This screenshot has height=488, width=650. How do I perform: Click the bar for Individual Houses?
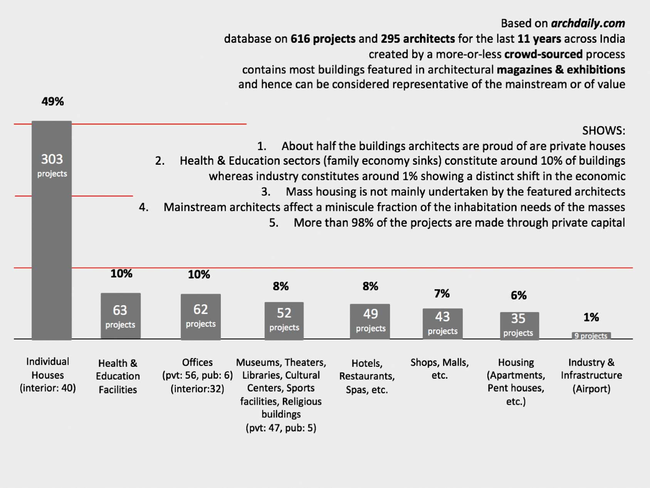[52, 230]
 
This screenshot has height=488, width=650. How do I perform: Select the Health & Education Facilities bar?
[121, 316]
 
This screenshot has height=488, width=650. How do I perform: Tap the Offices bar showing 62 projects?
[201, 317]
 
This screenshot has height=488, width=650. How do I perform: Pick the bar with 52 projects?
[284, 321]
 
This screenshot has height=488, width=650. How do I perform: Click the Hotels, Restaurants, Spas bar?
[370, 322]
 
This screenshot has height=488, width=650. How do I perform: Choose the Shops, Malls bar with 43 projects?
[442, 324]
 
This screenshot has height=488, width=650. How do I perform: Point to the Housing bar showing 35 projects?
[519, 326]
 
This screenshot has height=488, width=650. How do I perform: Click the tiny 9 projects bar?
[591, 336]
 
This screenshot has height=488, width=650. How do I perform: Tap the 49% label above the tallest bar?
[53, 101]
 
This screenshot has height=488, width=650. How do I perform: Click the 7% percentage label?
[442, 294]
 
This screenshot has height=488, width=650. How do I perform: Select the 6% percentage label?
[519, 296]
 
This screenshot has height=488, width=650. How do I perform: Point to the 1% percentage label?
[591, 317]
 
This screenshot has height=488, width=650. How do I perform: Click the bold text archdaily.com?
[588, 24]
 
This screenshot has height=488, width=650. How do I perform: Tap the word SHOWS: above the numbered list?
[603, 131]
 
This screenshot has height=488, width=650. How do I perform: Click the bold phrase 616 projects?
[323, 39]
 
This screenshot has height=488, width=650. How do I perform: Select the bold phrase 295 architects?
[418, 39]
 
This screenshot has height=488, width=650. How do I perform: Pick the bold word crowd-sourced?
[543, 54]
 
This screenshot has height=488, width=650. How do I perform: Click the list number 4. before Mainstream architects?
[144, 207]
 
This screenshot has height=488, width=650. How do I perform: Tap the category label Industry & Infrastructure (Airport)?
[591, 375]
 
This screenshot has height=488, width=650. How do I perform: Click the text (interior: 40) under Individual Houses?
[48, 388]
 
